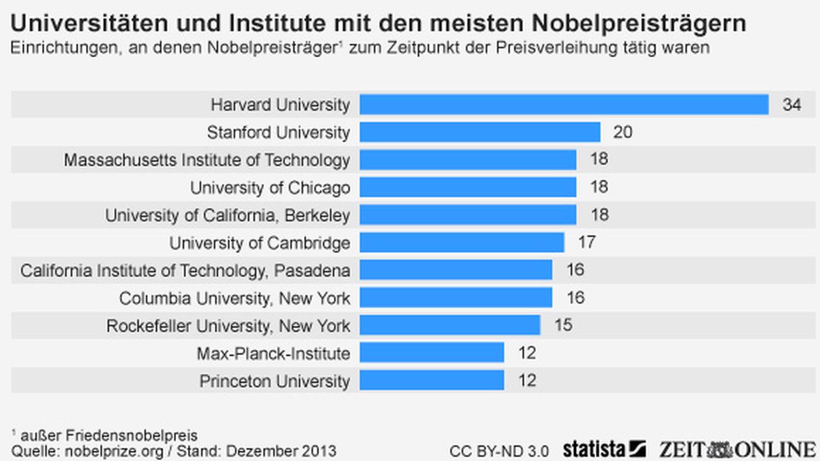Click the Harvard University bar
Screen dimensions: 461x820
564,105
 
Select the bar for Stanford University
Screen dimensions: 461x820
480,132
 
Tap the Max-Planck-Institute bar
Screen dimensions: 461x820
431,353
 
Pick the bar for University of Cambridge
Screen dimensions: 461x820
462,243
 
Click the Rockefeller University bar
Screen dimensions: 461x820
450,325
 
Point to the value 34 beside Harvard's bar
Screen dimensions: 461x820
792,105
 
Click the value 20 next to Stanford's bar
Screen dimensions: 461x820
623,132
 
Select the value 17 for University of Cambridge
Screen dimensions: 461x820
587,243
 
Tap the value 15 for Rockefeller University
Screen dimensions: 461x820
563,325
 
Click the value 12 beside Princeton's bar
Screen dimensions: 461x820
527,381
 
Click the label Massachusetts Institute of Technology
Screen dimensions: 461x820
207,160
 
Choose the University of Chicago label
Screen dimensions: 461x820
270,188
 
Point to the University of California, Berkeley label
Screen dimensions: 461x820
227,216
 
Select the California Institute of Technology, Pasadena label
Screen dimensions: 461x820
185,271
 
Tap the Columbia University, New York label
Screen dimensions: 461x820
235,298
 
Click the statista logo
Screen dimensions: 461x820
604,450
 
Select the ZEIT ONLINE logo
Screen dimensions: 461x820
737,450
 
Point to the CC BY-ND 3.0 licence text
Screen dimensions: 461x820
499,452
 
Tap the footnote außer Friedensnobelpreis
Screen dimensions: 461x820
107,436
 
